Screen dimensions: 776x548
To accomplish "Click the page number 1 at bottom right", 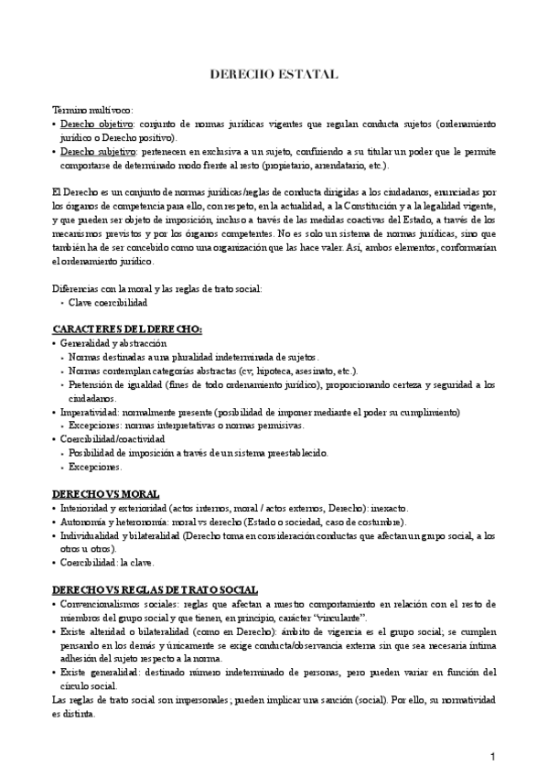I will pyautogui.click(x=492, y=756).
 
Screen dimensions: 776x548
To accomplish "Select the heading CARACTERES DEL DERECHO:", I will pyautogui.click(x=127, y=329).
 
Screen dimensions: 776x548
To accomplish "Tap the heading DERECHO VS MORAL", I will pyautogui.click(x=105, y=492).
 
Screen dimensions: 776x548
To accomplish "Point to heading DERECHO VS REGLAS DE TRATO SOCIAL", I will pyautogui.click(x=155, y=590).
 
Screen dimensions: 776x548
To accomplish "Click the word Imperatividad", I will pyautogui.click(x=91, y=413).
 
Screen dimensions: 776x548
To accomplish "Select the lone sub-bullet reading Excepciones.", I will pyautogui.click(x=95, y=467).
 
